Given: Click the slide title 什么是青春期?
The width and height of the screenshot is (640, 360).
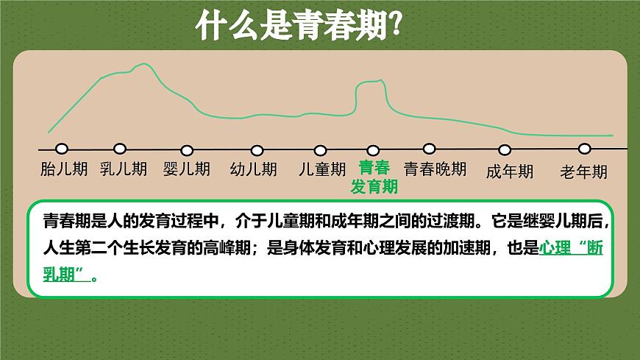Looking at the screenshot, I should [x=297, y=27].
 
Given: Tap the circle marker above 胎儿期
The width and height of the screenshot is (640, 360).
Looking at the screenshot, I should [x=62, y=149].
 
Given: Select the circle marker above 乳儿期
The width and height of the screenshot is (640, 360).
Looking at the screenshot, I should [x=120, y=149].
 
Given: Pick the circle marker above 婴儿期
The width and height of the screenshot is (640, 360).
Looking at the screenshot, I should [x=187, y=150].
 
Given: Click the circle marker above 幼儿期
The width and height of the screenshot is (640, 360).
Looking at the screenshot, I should [x=257, y=150].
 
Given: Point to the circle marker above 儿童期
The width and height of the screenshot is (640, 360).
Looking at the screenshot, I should [x=320, y=150].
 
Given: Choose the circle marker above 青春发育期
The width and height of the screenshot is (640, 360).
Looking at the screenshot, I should [x=373, y=151].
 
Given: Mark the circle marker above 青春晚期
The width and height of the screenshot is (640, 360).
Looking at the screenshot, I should [x=430, y=149].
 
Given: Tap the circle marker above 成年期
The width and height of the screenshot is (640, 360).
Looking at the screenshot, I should [x=505, y=150].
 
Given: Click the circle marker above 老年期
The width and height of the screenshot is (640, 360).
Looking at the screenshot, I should [x=585, y=149].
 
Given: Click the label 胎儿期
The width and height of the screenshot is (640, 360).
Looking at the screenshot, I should [x=63, y=169].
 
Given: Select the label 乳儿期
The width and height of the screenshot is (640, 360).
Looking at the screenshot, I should [x=124, y=169].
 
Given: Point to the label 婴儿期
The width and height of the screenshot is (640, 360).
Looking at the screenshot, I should [x=187, y=169].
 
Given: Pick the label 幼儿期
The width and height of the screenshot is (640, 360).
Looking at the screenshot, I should [x=254, y=169].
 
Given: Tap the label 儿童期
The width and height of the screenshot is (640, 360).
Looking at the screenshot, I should [x=321, y=169].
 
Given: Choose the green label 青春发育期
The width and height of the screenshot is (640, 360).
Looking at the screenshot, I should [x=374, y=177].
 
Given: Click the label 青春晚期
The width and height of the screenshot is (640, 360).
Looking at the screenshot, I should [x=435, y=169].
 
